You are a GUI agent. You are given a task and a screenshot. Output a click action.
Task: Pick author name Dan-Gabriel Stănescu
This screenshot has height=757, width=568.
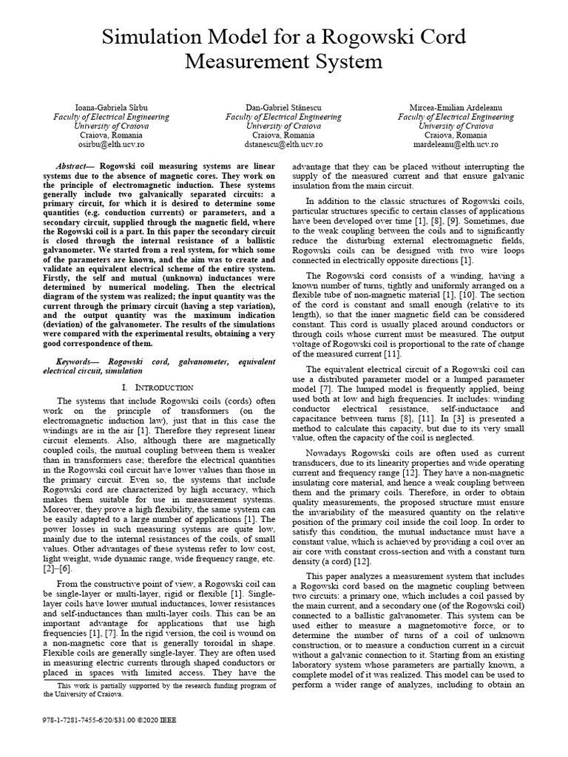[x=283, y=107]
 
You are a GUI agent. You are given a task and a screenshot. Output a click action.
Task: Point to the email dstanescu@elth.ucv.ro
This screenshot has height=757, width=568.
[x=283, y=146]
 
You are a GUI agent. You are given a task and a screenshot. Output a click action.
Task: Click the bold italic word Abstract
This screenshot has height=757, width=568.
[x=73, y=167]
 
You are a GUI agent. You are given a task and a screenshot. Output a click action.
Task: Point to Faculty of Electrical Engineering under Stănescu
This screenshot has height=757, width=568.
[x=283, y=117]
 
